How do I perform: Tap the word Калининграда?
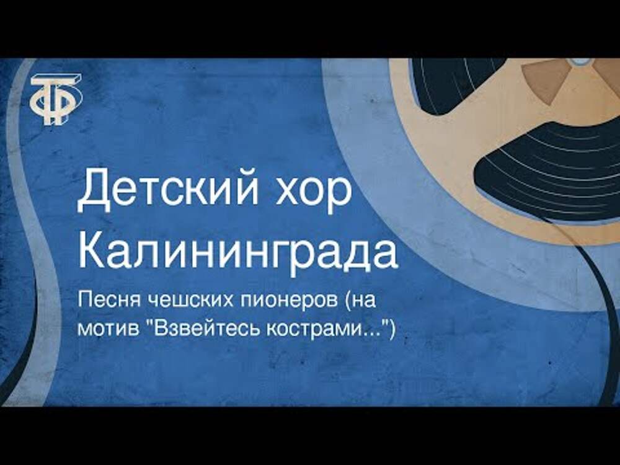pos(237,252)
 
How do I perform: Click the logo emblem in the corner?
pos(56,99)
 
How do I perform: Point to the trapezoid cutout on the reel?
pos(545,83)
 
